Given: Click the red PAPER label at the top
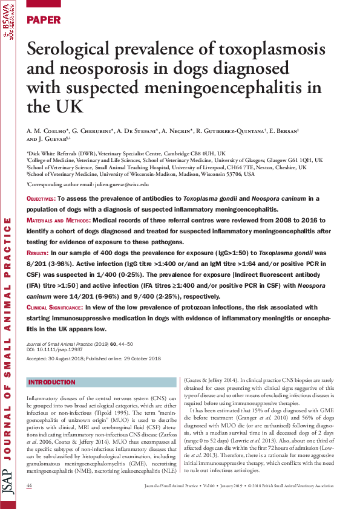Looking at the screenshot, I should click(x=44, y=20).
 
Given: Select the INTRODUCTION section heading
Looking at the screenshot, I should click(x=52, y=383).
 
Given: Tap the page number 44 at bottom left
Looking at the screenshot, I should click(x=30, y=486).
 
